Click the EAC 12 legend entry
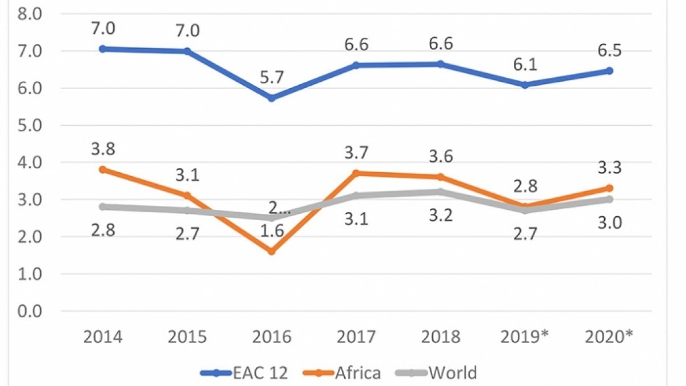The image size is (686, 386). tap(245, 373)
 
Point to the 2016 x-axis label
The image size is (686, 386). tap(272, 337)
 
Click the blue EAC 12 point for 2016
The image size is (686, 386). tap(272, 98)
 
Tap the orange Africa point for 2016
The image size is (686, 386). tap(272, 252)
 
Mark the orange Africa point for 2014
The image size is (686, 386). tap(102, 170)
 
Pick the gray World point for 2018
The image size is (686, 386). tap(441, 192)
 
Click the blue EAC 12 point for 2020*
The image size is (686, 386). tap(609, 71)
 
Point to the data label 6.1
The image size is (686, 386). tap(525, 64)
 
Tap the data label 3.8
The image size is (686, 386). tap(102, 149)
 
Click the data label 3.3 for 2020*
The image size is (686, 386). tap(609, 168)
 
